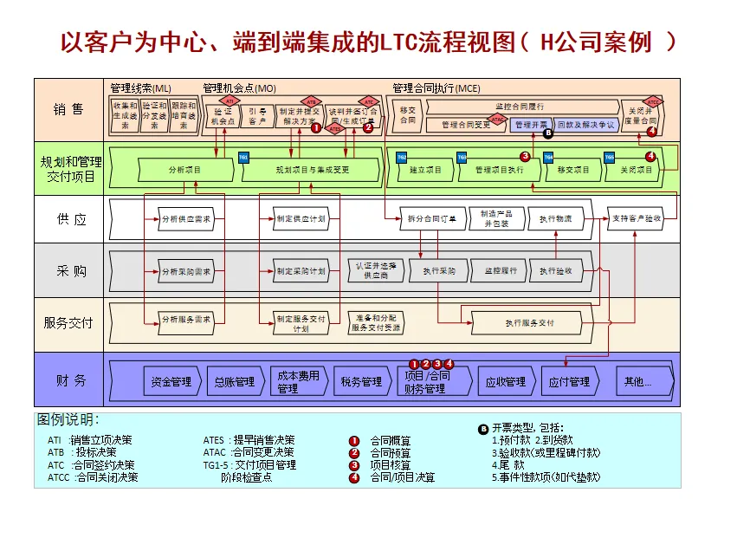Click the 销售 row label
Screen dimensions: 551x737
pyautogui.click(x=68, y=110)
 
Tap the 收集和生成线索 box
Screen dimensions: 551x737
pyautogui.click(x=125, y=116)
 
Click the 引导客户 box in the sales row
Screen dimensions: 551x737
pyautogui.click(x=257, y=116)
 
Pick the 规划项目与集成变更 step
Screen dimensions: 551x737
pyautogui.click(x=312, y=170)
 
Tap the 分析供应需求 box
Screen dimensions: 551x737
pyautogui.click(x=185, y=219)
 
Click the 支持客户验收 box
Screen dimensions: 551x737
pyautogui.click(x=636, y=218)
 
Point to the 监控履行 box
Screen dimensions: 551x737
pyautogui.click(x=501, y=270)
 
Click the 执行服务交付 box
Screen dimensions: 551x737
pyautogui.click(x=529, y=323)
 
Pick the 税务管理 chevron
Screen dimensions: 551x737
pyautogui.click(x=361, y=381)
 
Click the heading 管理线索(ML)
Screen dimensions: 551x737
pyautogui.click(x=141, y=88)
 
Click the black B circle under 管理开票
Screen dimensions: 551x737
pyautogui.click(x=547, y=134)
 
